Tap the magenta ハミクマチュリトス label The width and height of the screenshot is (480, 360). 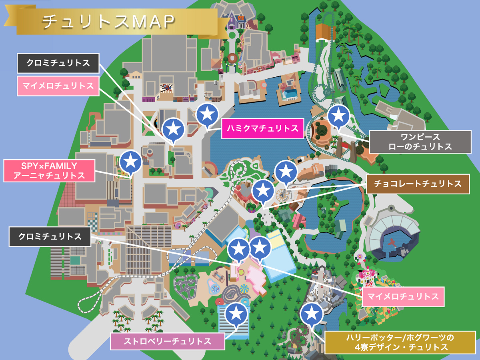262,128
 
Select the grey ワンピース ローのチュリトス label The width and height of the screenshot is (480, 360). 420,142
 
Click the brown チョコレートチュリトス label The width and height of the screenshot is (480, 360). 417,184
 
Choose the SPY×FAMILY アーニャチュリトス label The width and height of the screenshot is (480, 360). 49,171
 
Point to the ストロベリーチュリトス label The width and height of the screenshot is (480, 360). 167,342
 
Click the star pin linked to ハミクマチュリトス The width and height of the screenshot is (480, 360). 207,114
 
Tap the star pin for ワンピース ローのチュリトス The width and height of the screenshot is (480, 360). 338,116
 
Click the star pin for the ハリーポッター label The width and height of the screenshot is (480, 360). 312,313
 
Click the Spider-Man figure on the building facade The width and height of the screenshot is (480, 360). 166,88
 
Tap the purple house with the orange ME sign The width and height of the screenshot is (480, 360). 232,22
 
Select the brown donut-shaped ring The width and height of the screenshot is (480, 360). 232,58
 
